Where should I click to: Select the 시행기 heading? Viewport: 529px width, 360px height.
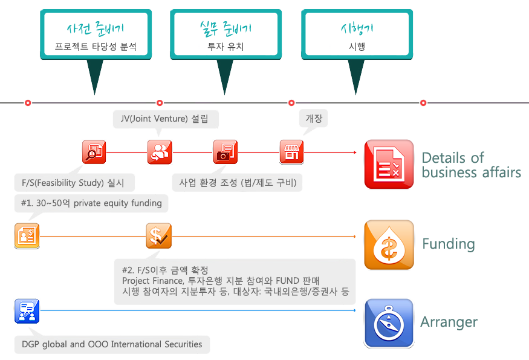(357, 28)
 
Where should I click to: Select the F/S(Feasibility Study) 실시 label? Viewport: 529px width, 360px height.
(74, 183)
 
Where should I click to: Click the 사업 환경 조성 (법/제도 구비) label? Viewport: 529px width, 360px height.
(237, 183)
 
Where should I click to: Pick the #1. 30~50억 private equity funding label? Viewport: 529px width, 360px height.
(91, 203)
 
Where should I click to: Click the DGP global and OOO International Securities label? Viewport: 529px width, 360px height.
(112, 344)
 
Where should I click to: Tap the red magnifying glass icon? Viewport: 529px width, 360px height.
(94, 152)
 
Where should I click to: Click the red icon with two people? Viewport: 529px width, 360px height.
(160, 152)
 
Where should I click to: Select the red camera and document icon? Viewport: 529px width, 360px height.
(226, 152)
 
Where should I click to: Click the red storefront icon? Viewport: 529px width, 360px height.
(291, 152)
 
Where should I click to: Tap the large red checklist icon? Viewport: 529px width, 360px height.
(389, 165)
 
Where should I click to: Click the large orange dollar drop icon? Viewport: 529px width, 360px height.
(389, 244)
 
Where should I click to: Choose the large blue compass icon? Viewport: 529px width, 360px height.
(389, 324)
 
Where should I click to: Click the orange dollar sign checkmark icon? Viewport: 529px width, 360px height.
(158, 236)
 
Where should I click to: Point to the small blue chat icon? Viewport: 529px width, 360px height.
(27, 311)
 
